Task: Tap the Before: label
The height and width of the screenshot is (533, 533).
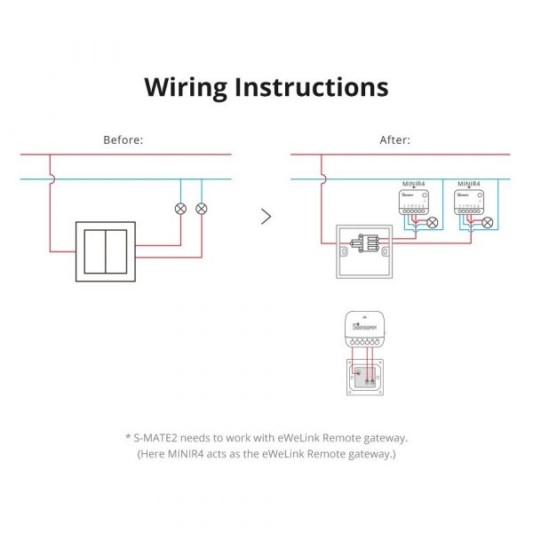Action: [123, 140]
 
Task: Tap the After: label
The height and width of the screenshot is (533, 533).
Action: [394, 140]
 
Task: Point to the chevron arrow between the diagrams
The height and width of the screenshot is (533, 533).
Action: [266, 217]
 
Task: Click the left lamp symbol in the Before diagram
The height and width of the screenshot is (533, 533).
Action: [181, 209]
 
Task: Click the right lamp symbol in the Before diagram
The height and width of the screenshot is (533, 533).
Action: [202, 209]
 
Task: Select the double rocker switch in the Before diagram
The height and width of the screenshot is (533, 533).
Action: [106, 251]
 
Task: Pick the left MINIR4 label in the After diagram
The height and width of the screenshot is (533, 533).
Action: [414, 184]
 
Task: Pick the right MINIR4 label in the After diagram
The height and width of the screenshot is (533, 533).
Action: [468, 184]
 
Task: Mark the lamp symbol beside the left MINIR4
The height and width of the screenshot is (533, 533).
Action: [433, 223]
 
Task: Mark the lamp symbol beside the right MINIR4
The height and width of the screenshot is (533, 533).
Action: [487, 223]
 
